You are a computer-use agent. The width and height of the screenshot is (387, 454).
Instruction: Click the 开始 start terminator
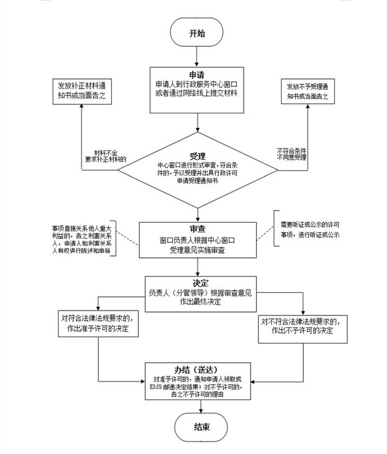196,34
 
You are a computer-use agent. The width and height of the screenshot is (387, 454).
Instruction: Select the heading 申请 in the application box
196,75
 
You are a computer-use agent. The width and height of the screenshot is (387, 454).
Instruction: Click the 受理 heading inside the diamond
197,156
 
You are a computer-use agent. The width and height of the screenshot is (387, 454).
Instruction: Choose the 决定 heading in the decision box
200,283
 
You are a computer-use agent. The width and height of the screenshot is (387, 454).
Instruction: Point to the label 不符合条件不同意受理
291,154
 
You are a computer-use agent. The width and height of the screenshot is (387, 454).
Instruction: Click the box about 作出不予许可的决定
302,325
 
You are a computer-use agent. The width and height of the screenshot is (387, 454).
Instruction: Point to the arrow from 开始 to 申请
196,58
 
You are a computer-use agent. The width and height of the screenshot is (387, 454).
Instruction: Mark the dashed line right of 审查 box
265,234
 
